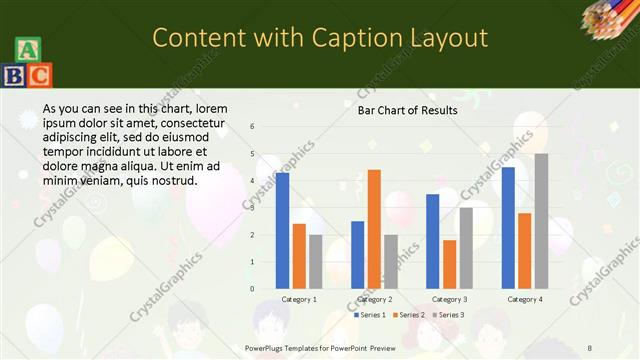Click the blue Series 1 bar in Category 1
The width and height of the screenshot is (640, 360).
point(282,230)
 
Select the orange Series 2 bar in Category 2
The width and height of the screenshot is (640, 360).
point(374,229)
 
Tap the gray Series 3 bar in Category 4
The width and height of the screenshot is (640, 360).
point(541,221)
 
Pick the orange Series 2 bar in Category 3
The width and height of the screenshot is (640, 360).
point(449,264)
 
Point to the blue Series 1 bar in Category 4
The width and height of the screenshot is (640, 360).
point(508,227)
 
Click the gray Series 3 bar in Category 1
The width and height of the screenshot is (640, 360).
point(316,262)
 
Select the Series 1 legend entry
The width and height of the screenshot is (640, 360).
point(369,315)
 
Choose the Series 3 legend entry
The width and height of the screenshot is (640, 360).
point(447,315)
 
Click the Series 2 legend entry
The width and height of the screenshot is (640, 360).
point(408,315)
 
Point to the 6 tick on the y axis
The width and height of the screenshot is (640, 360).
point(252,127)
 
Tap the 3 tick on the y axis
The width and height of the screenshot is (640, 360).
point(252,208)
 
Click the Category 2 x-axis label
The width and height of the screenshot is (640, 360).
point(374,299)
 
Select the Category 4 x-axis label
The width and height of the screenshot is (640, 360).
point(524,299)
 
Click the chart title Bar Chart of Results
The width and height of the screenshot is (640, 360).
point(407,110)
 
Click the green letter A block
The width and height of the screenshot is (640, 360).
point(28,50)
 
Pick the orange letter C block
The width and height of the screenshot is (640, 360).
point(39,74)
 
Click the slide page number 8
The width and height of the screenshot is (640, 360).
point(589,347)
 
